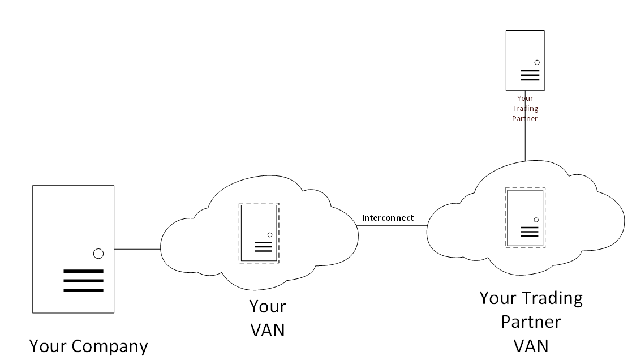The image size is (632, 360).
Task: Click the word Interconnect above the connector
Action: coord(388,217)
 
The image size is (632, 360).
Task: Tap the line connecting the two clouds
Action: coord(392,225)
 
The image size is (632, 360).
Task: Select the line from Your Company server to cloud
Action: coord(137,248)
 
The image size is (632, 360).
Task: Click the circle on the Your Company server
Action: coord(98,254)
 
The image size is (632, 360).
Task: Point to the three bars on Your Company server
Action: coord(83,281)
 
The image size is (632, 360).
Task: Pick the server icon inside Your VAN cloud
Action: coord(259,233)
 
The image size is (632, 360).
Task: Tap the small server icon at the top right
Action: coord(525,60)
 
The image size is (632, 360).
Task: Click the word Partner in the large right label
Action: coord(531,322)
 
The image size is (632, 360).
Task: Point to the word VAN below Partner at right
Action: coord(531,345)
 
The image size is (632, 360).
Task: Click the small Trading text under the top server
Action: coord(525,109)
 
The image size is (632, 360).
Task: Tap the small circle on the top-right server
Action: coord(536,62)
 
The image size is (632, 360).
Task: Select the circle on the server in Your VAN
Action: coord(270,235)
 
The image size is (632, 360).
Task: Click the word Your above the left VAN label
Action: coord(268,307)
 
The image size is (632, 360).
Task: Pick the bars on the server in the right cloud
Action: coord(530,231)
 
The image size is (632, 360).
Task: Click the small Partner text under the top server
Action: coord(525,119)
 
